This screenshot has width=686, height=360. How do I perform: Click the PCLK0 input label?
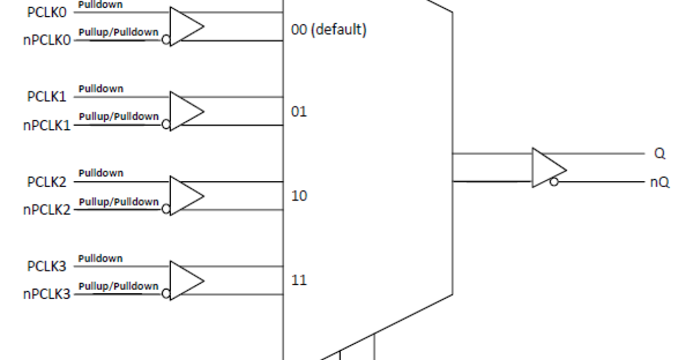47,13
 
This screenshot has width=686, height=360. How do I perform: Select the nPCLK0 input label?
47,41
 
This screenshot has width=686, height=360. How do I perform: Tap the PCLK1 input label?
47,97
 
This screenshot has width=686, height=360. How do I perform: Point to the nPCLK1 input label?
47,126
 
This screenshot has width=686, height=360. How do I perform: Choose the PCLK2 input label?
47,182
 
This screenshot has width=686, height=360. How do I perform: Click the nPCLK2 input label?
47,210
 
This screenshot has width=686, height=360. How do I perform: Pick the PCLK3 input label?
47,267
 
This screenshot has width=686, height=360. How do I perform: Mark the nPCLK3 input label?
47,295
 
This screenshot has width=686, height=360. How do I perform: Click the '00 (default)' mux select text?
328,30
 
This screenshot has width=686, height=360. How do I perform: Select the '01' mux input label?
299,111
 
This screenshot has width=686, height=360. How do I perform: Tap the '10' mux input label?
299,196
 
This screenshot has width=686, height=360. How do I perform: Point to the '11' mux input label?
299,281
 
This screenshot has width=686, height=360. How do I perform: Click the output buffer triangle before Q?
547,168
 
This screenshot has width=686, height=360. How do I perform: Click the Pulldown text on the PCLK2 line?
101,173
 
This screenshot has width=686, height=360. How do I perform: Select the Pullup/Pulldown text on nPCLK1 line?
118,117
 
